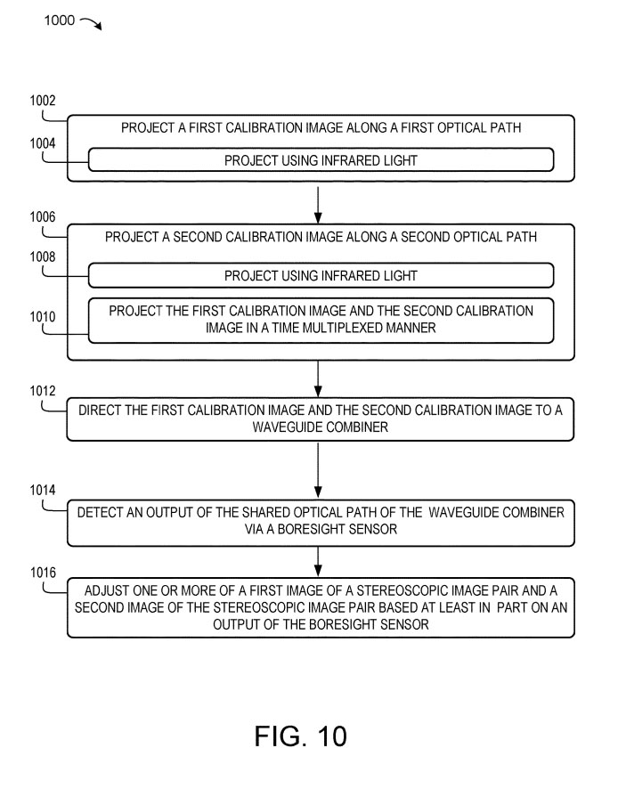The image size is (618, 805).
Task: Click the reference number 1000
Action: click(x=59, y=19)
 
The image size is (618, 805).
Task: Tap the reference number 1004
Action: click(x=44, y=142)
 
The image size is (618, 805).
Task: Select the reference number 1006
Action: click(x=44, y=215)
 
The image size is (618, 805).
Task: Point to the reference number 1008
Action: click(x=44, y=256)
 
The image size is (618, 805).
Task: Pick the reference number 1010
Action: click(x=44, y=316)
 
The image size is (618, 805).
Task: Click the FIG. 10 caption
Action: click(x=300, y=736)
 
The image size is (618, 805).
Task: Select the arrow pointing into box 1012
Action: click(x=318, y=378)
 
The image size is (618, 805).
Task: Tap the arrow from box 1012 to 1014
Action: click(x=318, y=469)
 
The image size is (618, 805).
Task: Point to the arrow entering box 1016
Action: click(x=318, y=559)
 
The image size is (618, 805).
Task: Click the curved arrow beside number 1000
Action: click(x=92, y=23)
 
